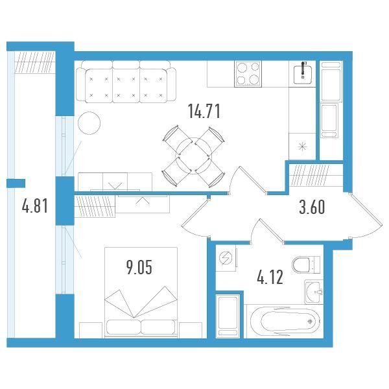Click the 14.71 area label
pos(204,112)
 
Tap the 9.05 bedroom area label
pos(139,267)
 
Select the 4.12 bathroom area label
pos(270,277)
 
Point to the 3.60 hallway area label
pos(312,207)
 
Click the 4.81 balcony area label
pos(35,206)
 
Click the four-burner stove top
pos(248,73)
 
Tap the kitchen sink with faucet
pos(302,74)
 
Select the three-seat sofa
pos(126,82)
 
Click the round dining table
pos(193,156)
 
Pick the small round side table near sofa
pos(89,123)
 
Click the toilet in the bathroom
pos(306,265)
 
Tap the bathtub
pos(285,322)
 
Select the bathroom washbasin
pos(314,292)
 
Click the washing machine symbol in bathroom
pos(225,258)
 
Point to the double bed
pos(141,292)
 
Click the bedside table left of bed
pos(91,330)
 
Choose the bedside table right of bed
pos(190,330)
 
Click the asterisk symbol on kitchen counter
pos(302,147)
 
